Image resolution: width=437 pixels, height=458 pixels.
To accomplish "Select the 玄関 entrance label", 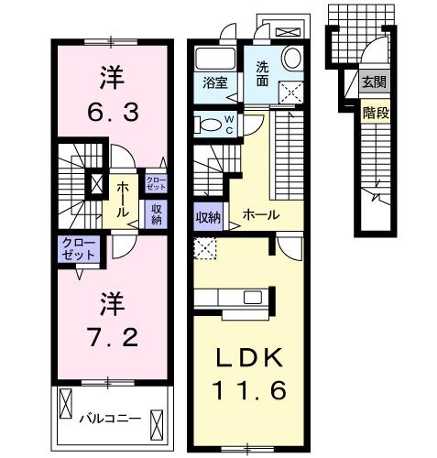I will [x=373, y=82].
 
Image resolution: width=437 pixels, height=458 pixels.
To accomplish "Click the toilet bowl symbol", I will [x=208, y=125].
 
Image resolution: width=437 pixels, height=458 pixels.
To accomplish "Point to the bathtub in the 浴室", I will [x=215, y=56].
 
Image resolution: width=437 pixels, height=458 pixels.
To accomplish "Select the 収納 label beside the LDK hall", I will [x=208, y=217].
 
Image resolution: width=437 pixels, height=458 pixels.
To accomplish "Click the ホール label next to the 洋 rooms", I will [x=123, y=192].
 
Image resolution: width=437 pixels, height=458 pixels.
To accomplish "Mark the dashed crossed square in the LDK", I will [x=205, y=246].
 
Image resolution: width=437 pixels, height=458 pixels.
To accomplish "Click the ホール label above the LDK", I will [x=261, y=216].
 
